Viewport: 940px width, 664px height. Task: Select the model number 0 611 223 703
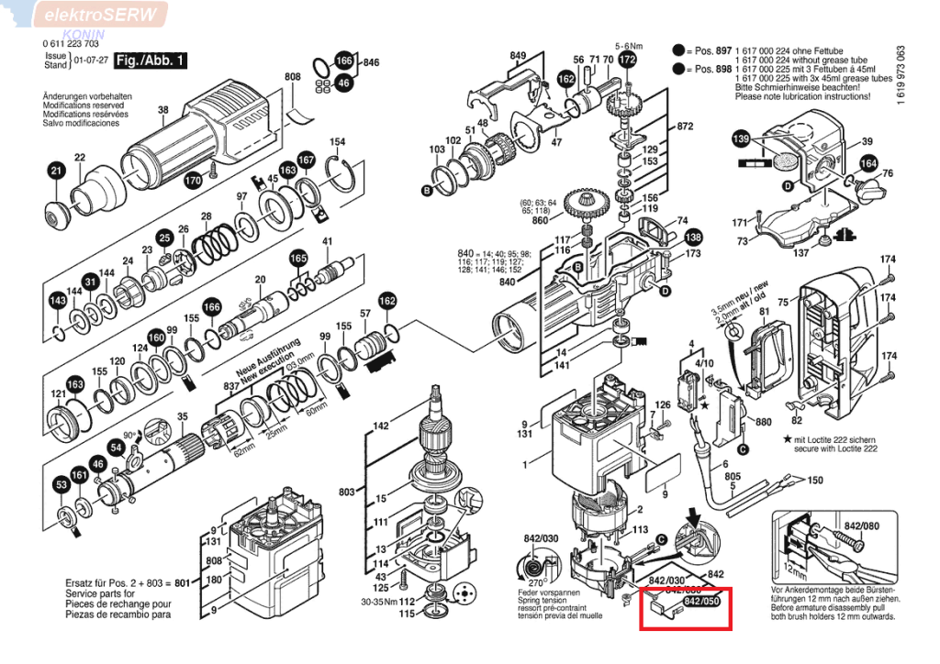(71, 44)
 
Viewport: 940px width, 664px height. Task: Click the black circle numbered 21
(57, 172)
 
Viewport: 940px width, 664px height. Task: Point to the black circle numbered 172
(627, 60)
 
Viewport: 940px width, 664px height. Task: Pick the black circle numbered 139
(741, 138)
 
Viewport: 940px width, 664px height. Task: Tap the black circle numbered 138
(693, 237)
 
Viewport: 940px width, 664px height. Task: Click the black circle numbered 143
(58, 301)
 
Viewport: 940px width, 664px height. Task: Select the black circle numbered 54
(117, 448)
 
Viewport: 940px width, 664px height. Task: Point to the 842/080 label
(858, 527)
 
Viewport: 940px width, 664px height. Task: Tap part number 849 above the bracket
(519, 58)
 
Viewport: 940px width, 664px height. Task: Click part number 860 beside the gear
(540, 221)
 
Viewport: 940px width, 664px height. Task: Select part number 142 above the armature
(381, 425)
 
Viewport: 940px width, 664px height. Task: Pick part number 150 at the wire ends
(814, 481)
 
